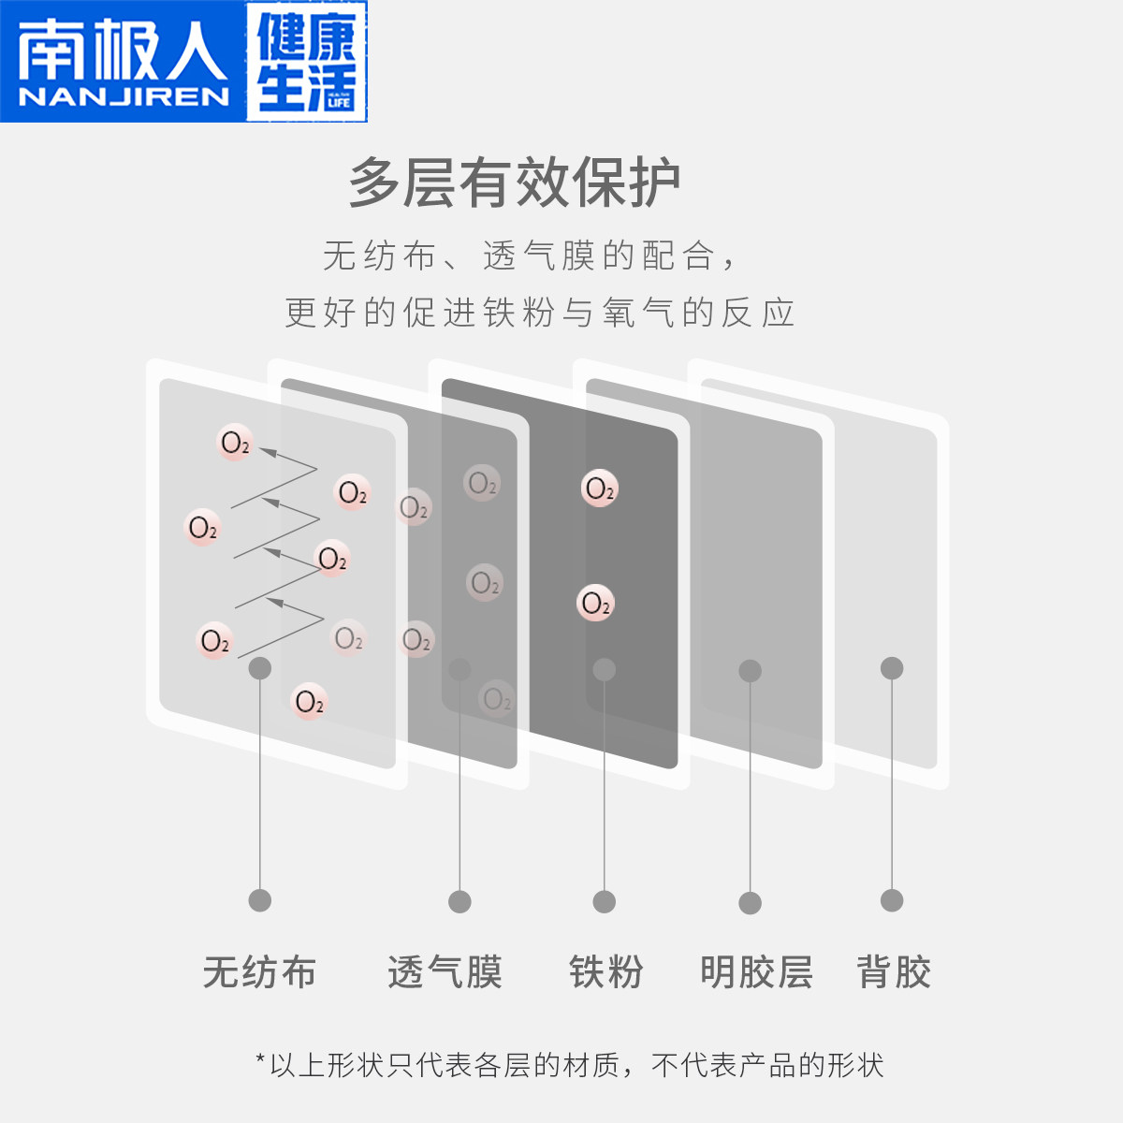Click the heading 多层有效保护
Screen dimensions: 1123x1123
pyautogui.click(x=514, y=182)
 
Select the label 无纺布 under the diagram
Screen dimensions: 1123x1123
pyautogui.click(x=259, y=972)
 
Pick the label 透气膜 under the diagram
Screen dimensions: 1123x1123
pyautogui.click(x=445, y=972)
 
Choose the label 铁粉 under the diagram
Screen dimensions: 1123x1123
pyautogui.click(x=605, y=972)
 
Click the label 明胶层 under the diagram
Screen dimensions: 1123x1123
pyautogui.click(x=756, y=972)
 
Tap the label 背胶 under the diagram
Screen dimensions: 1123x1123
pyautogui.click(x=894, y=972)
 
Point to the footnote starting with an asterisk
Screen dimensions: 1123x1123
pyautogui.click(x=569, y=1065)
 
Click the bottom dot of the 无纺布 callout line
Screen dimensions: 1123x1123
pyautogui.click(x=260, y=900)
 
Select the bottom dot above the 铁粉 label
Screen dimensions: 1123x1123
pyautogui.click(x=605, y=902)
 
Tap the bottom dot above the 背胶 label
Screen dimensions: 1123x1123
pyautogui.click(x=892, y=900)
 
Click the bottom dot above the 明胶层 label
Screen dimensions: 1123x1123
pyautogui.click(x=750, y=903)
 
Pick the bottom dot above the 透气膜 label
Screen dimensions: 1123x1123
pyautogui.click(x=459, y=902)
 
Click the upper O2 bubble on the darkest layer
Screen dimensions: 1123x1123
pyautogui.click(x=599, y=489)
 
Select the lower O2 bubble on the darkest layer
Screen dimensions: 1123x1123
pyautogui.click(x=595, y=604)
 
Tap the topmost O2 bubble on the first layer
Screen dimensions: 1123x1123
pyautogui.click(x=235, y=443)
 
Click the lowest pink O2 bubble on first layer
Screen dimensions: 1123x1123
pyautogui.click(x=309, y=702)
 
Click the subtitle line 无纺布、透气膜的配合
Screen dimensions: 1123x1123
pyautogui.click(x=530, y=255)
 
